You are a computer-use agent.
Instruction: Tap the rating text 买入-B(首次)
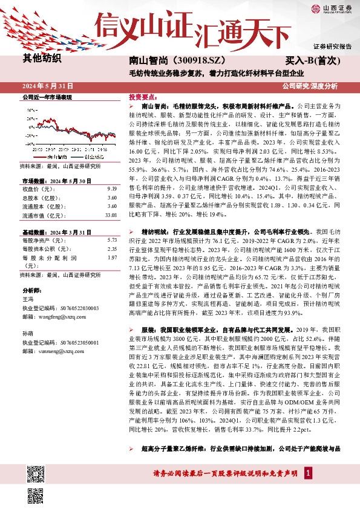point(313,61)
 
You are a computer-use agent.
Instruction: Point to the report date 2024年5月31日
point(48,86)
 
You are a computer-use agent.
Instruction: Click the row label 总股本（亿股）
point(42,198)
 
